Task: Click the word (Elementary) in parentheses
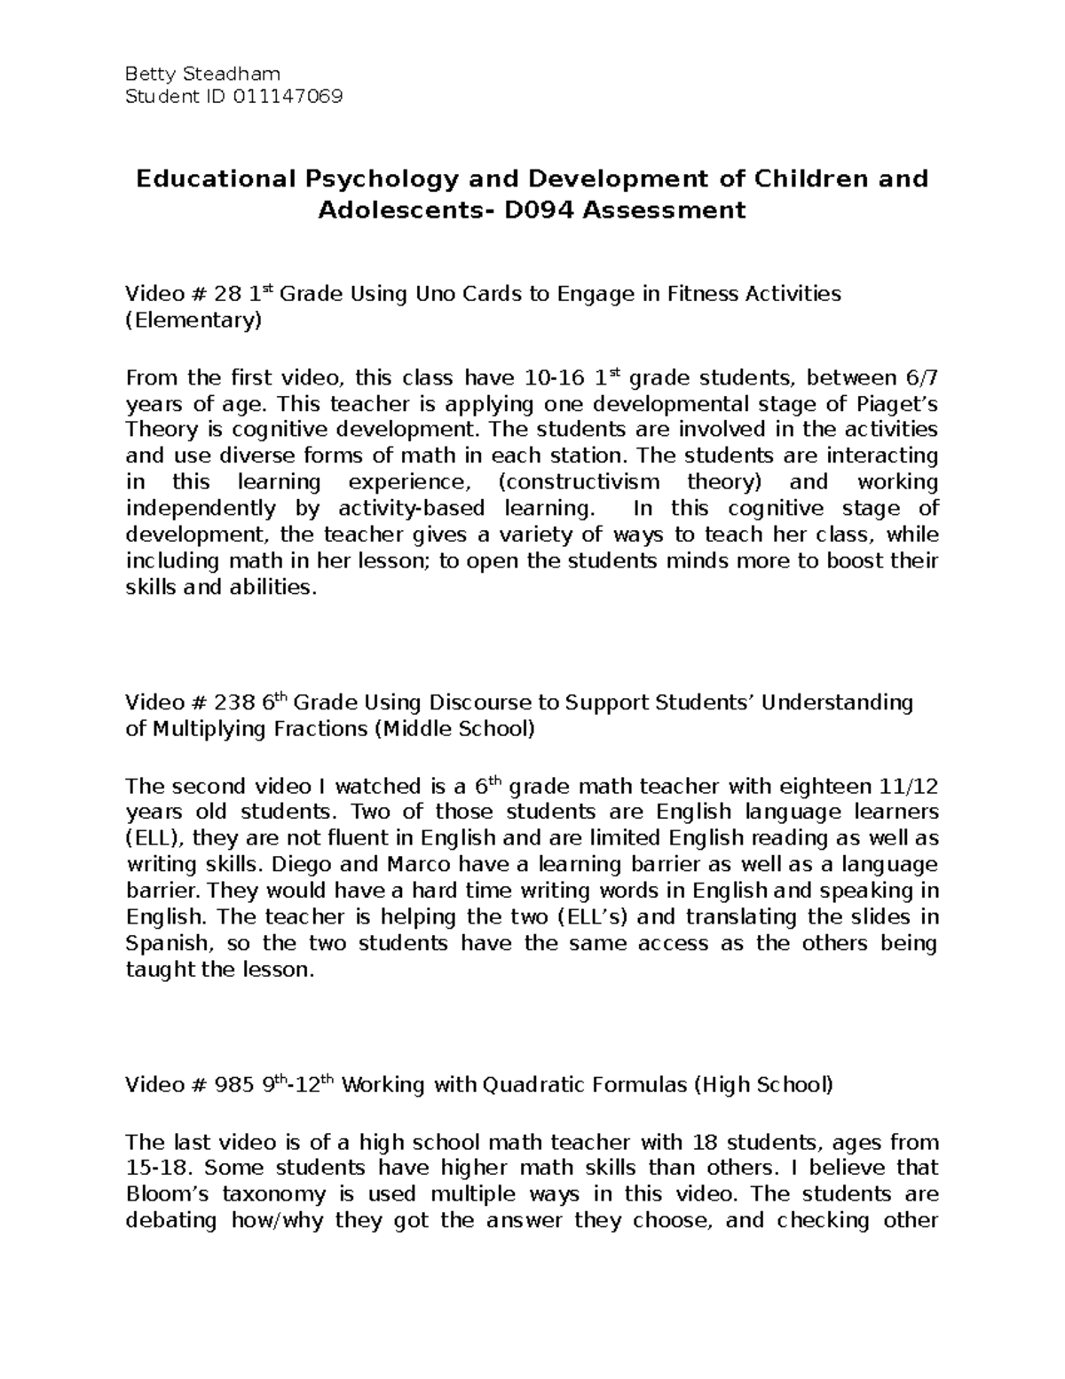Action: [193, 321]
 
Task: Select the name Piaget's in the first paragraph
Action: [889, 404]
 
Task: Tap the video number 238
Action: [233, 704]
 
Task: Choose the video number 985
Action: [233, 1086]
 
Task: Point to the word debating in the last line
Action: [171, 1221]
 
